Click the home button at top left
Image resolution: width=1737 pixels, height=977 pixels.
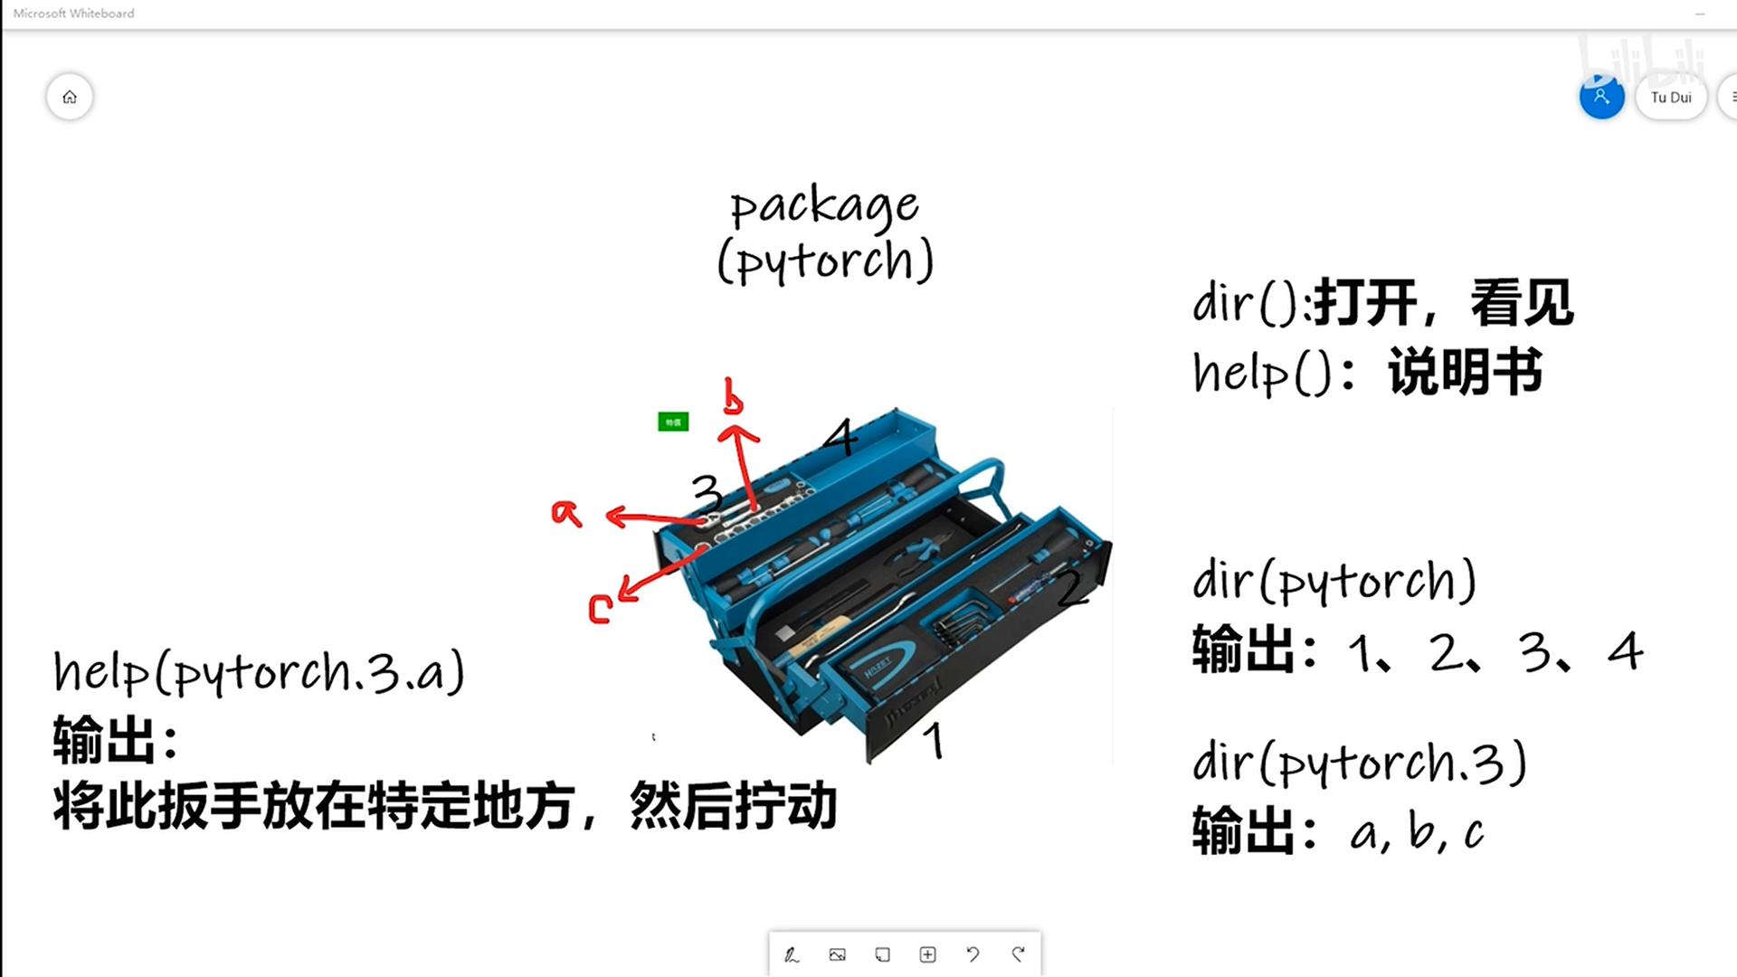(70, 97)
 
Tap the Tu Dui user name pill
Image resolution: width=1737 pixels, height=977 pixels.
(1670, 97)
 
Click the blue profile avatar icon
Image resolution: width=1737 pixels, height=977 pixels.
(1601, 97)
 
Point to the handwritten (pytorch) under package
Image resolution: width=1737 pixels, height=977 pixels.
(824, 261)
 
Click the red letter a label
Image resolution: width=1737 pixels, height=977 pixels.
(566, 513)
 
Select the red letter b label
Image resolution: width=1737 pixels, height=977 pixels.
(733, 398)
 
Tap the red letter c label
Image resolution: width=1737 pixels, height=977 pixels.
(600, 608)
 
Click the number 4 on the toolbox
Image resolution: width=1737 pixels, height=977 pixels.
(841, 437)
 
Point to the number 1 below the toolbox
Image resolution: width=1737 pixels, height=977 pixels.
(935, 740)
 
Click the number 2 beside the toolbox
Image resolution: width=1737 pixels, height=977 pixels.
(1071, 588)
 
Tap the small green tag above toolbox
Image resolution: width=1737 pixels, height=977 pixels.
(673, 422)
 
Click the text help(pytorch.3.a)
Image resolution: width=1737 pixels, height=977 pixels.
(259, 673)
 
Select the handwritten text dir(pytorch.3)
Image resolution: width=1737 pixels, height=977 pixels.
(1359, 763)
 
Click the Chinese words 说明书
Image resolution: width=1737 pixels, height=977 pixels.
(1466, 372)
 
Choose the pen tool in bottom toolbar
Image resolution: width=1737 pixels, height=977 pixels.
(792, 954)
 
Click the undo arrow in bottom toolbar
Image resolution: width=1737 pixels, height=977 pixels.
(973, 954)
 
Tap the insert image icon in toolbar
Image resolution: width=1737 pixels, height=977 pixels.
(837, 954)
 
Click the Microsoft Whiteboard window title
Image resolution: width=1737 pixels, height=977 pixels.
(74, 14)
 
